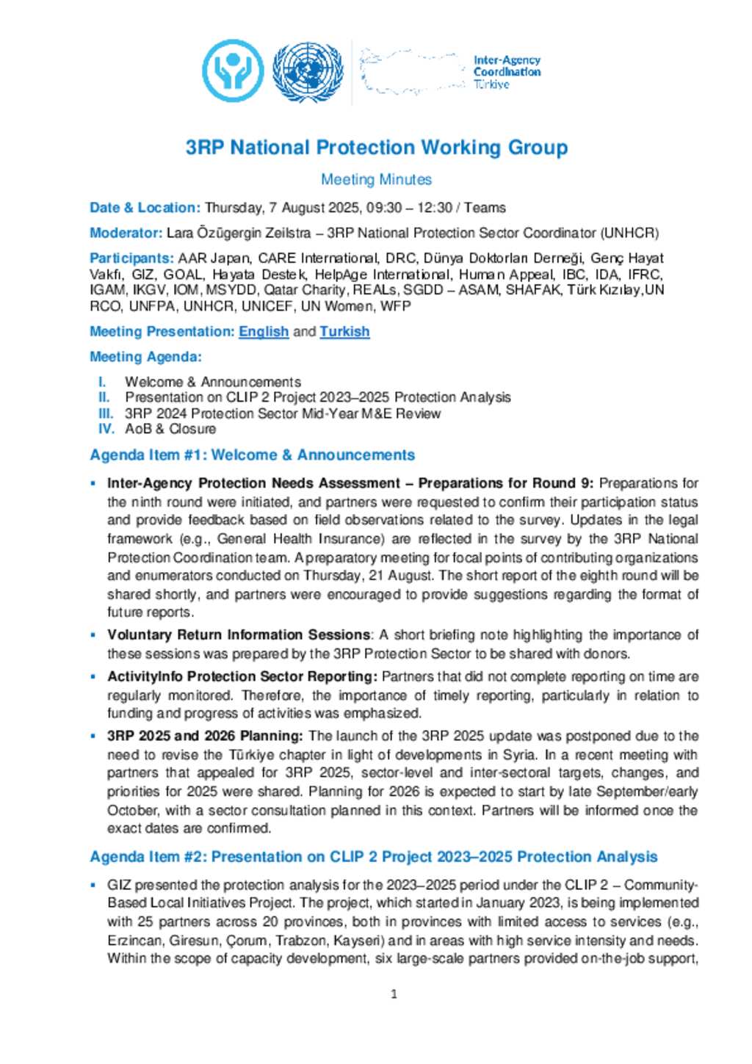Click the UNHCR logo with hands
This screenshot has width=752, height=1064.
coord(233,71)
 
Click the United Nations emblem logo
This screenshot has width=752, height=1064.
coord(307,71)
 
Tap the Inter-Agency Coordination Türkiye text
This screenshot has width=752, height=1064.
coord(506,72)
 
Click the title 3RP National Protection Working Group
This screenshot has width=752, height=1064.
coord(376,148)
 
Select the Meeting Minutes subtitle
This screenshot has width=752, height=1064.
coord(376,179)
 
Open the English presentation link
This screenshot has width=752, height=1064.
coord(264,331)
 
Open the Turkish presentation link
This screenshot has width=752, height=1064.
coord(344,331)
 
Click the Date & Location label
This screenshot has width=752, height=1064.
coord(145,208)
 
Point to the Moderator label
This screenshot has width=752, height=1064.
coord(126,233)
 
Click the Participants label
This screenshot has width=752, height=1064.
coord(131,258)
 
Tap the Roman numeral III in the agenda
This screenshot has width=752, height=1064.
coord(106,413)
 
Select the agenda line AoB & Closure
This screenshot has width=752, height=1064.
coord(170,429)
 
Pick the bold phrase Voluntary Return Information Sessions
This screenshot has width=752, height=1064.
coord(239,635)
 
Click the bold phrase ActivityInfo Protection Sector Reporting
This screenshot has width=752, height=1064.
coord(242,677)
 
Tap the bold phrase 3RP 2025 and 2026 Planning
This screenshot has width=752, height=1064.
coord(205,736)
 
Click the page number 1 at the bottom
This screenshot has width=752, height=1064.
coord(394,994)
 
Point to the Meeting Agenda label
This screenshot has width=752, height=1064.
coord(145,357)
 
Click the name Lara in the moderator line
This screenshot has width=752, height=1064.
coord(180,233)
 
